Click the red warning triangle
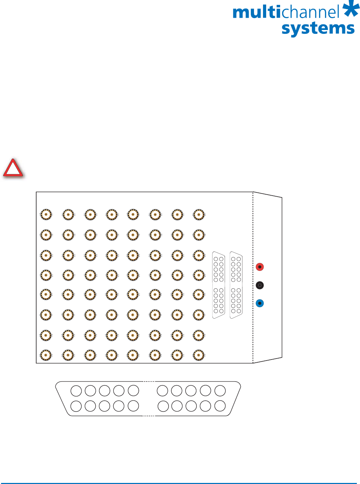(13, 169)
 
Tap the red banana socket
(260, 267)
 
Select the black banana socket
(260, 285)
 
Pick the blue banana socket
(260, 303)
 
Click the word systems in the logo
(318, 28)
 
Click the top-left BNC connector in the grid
(46, 214)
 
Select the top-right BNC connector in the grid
(199, 214)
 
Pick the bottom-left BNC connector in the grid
(46, 355)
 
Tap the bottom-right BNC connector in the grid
(199, 355)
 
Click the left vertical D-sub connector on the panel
(219, 285)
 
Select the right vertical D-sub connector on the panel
(236, 285)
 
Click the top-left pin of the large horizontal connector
(76, 391)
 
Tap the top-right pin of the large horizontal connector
(220, 391)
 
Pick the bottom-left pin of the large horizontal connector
(76, 406)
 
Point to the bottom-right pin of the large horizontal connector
(220, 406)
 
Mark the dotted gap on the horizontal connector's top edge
(149, 381)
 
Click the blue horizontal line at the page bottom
(180, 483)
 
